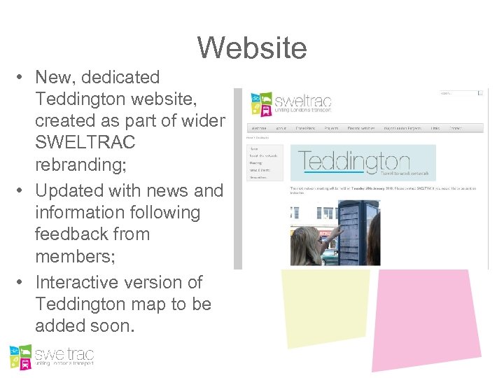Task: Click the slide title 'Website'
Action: pos(251,48)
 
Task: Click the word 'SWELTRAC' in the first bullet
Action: pos(85,143)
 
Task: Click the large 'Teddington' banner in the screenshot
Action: pos(363,162)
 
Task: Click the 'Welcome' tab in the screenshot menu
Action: pos(259,129)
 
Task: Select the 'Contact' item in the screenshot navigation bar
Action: pos(456,129)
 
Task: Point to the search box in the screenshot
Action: pos(458,93)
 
